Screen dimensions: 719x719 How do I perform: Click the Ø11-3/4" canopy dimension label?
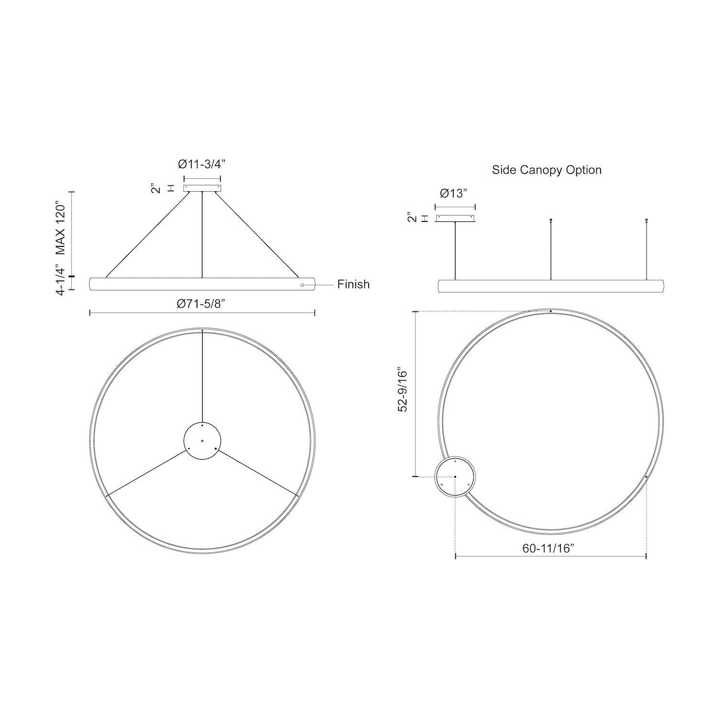coord(202,164)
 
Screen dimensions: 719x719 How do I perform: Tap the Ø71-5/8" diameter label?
coord(201,303)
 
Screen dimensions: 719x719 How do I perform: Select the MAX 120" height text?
coord(61,227)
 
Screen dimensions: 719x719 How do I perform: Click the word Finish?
coord(353,284)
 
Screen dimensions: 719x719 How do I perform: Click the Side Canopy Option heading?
coord(546,170)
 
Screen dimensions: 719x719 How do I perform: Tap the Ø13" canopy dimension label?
coord(453,193)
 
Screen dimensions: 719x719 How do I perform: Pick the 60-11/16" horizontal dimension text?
coord(548,549)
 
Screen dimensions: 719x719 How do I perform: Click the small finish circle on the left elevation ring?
coord(302,285)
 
